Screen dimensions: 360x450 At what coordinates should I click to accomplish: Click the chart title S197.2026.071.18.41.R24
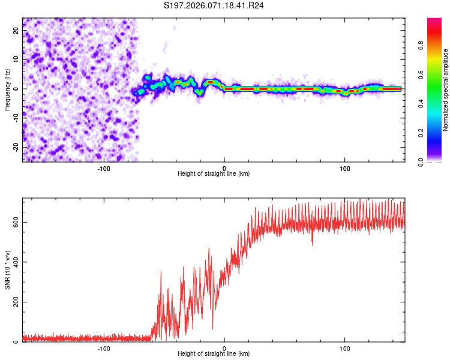click(214, 5)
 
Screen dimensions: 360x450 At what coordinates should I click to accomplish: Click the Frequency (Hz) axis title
click(7, 90)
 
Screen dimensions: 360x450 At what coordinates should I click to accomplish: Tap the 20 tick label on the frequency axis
click(16, 31)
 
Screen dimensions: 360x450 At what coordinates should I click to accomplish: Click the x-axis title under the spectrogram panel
click(214, 174)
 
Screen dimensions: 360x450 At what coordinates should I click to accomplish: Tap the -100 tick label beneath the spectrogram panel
click(104, 167)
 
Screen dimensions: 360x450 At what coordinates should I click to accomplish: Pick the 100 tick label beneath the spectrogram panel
click(345, 167)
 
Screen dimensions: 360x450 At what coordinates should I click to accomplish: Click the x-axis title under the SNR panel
click(214, 354)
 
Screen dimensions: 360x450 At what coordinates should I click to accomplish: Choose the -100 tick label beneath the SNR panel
click(104, 347)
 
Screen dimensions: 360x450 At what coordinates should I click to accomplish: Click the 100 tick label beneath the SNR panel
click(345, 347)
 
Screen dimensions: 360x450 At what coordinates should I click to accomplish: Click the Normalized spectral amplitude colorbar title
click(446, 90)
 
